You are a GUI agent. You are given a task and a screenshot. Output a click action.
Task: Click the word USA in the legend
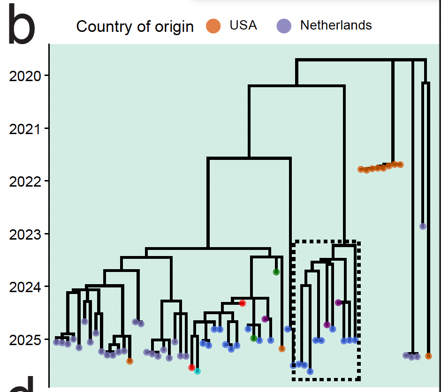coord(243,25)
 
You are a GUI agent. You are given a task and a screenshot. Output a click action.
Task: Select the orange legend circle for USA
coord(213,26)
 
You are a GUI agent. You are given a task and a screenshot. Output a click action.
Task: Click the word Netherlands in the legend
coord(336,25)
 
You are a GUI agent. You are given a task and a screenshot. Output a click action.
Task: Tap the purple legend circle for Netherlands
coord(284,26)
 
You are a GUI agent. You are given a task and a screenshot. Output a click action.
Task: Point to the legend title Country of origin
coord(135,27)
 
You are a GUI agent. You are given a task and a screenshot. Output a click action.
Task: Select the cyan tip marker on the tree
coord(198,371)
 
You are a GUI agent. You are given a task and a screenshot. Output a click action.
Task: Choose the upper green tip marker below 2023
coord(276,272)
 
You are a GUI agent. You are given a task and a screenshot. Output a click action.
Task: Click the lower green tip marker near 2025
coord(254,338)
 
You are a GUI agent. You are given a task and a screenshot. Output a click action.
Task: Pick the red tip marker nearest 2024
coord(242,303)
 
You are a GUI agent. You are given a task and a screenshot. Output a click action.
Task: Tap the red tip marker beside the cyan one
coord(191,367)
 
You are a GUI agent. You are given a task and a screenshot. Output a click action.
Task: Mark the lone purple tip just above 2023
coord(423,226)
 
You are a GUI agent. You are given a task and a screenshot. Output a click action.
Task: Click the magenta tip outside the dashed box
coord(265,319)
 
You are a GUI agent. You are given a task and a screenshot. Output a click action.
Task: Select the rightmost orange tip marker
coord(428,356)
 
